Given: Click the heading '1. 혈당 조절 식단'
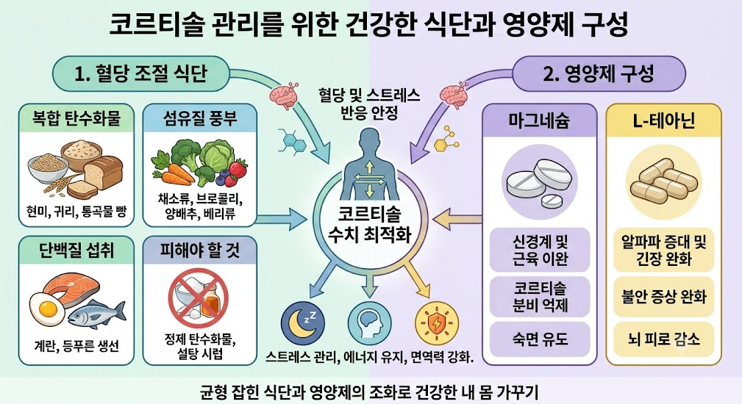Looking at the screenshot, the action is coord(141,73).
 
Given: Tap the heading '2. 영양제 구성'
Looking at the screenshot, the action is coord(598,73).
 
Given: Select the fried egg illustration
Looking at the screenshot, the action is coord(47,306).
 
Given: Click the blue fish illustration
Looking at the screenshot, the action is coord(97,313).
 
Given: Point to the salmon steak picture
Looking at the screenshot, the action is coord(72,286).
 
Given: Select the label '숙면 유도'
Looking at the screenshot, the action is coord(540,339).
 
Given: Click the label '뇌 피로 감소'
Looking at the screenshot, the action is coord(663,339).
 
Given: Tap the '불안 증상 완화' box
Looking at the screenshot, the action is coord(663,297).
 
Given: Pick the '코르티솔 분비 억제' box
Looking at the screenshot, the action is coord(540,297).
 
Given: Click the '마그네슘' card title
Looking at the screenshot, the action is coord(540,121).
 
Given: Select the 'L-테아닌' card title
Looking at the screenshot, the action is coord(664,121).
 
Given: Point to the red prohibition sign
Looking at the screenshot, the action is coord(199,298).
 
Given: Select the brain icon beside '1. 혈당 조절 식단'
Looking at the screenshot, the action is coord(284,95).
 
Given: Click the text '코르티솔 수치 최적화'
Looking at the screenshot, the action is coord(370,225).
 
